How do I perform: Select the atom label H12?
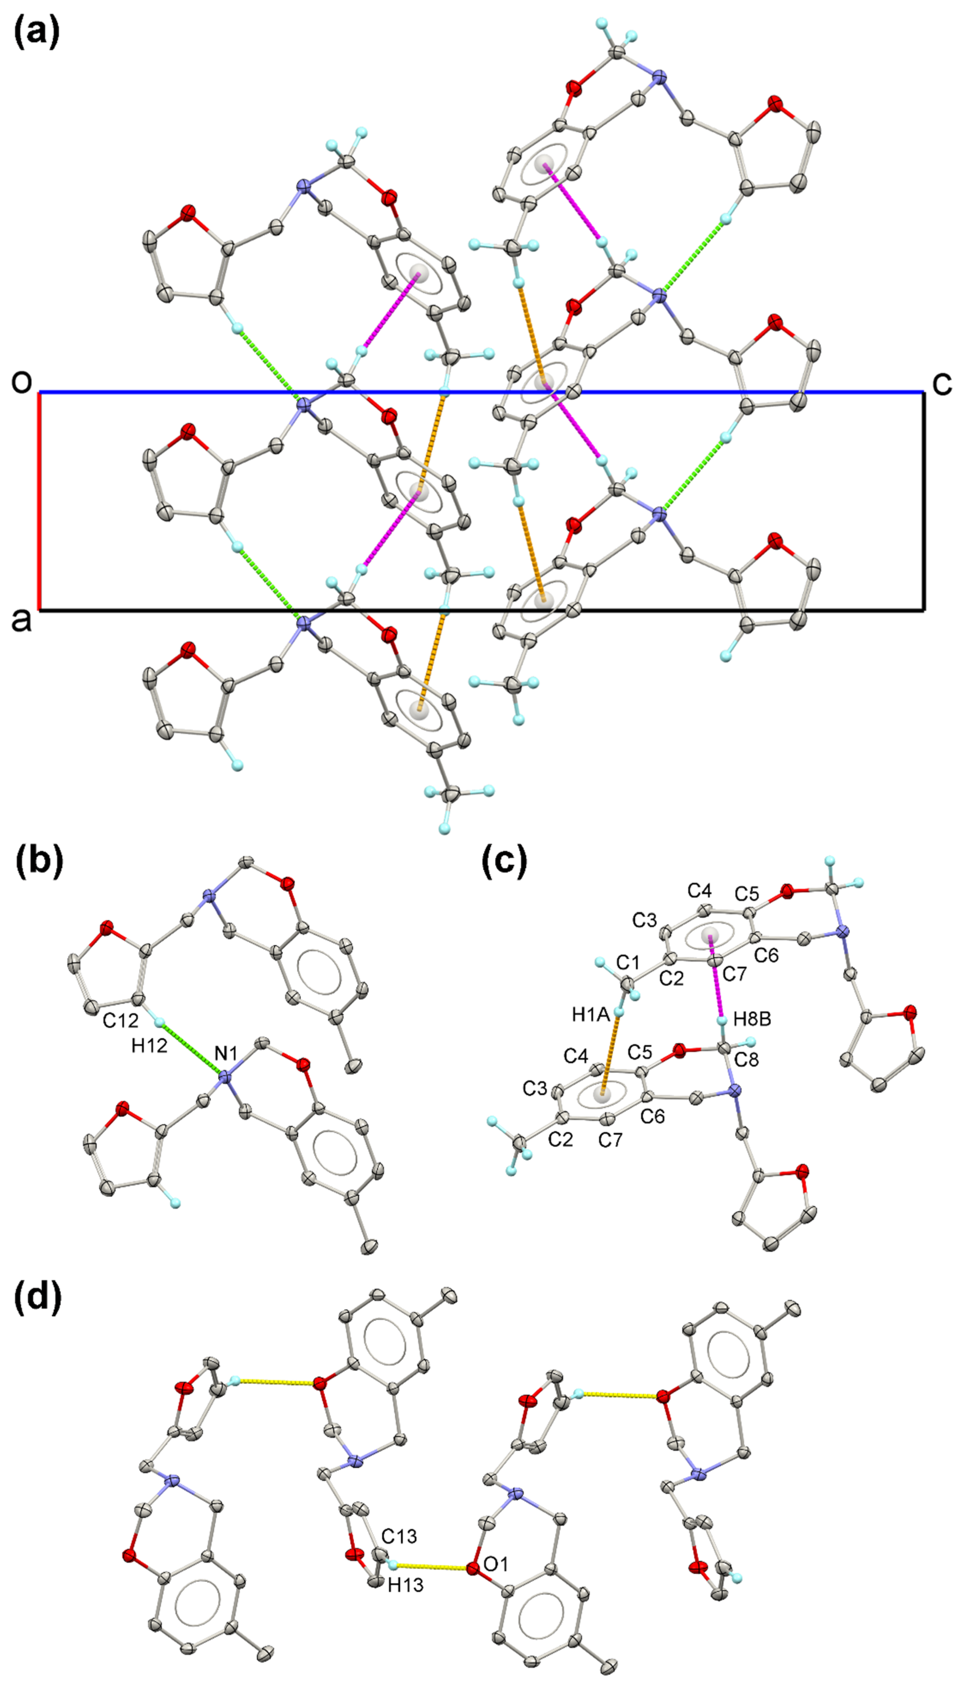point(149,1046)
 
